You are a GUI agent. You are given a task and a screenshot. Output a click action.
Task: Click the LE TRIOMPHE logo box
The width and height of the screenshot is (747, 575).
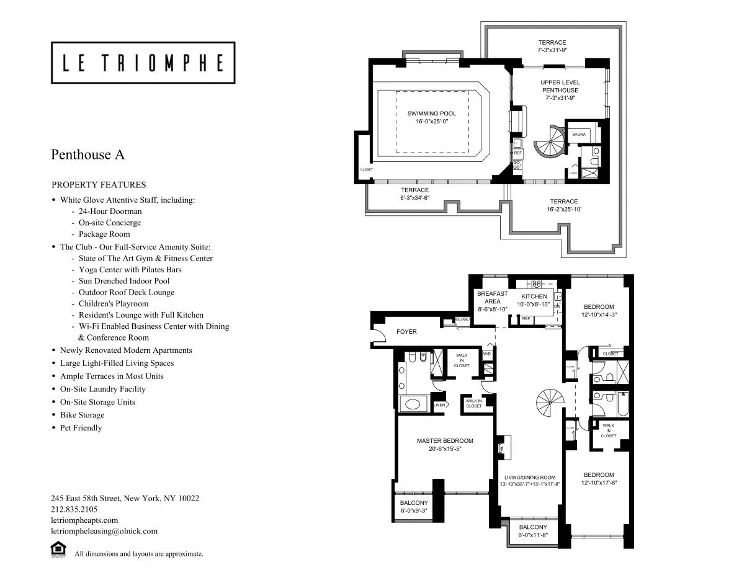coord(143,63)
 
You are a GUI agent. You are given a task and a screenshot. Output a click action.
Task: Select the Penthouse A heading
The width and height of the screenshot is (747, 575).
coord(87,154)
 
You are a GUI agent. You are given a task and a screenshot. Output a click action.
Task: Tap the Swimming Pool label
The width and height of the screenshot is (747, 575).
coord(431,114)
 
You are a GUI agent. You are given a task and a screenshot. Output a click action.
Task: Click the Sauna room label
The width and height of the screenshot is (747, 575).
coord(578,134)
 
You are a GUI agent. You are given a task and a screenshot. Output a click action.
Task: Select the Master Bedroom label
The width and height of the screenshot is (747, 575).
coord(445,441)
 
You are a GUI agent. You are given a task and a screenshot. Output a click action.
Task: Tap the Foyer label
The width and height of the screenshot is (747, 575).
coord(406,332)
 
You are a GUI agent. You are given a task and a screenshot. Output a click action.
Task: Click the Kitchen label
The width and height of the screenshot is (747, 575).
coord(534,296)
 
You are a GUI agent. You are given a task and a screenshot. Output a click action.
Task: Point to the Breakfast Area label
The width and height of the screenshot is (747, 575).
coord(492,297)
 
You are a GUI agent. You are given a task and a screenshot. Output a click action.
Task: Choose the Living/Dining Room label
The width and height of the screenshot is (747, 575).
coord(529,477)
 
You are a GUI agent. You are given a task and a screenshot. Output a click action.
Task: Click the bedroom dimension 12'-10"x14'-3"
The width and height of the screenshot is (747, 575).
coord(599,314)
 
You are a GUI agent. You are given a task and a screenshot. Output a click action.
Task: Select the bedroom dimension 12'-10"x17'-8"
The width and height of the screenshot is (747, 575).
coord(599,483)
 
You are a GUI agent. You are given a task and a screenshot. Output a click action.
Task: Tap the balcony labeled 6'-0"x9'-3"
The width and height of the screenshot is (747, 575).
coord(413,507)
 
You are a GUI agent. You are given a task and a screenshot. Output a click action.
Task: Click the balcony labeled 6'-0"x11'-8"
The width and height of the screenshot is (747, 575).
coord(533,531)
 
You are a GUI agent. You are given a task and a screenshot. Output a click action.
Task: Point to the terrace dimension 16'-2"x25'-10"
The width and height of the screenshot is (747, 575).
coord(563,210)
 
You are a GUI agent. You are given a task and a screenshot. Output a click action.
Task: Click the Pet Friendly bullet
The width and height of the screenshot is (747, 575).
coord(81,428)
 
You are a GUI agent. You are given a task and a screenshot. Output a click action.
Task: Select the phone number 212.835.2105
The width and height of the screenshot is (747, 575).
coord(74,509)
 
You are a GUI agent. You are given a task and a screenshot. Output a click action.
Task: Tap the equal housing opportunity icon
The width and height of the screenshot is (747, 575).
coord(58,550)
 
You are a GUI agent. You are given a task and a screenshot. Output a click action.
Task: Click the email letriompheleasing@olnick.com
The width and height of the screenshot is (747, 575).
coord(104,531)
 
